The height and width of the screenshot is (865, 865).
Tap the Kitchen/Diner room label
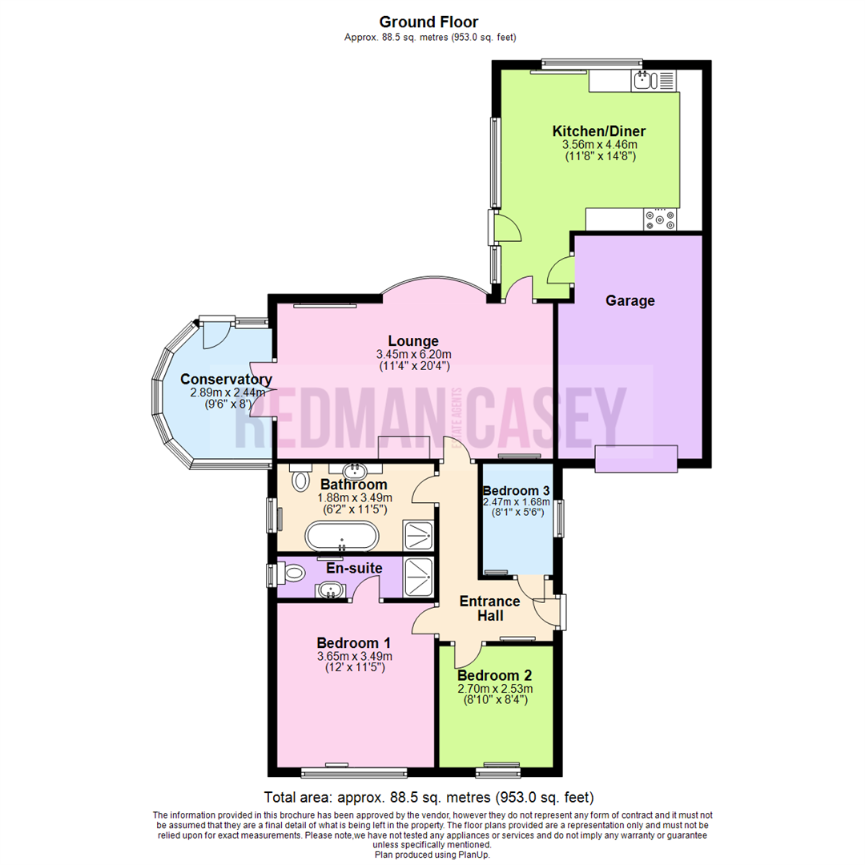(x=599, y=131)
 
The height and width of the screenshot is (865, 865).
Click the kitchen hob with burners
(x=659, y=219)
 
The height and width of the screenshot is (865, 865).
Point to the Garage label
(x=630, y=301)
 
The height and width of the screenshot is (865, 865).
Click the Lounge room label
(x=414, y=340)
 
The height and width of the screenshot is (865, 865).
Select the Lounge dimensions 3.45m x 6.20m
(x=414, y=354)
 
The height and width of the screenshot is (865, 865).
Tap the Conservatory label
(x=226, y=380)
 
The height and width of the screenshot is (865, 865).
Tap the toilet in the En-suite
(x=290, y=573)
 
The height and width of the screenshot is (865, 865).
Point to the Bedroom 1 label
(x=353, y=642)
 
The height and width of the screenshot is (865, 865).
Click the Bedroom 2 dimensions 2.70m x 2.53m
(x=495, y=688)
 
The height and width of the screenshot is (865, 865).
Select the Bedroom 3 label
(x=516, y=490)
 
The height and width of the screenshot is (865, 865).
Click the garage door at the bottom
(x=636, y=459)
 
